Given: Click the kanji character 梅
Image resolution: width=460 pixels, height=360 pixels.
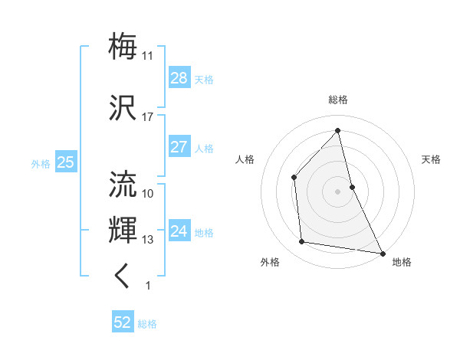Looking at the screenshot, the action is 123,46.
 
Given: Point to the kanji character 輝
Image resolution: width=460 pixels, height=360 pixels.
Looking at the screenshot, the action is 123,229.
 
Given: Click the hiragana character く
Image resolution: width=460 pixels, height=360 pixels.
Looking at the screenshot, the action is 123,276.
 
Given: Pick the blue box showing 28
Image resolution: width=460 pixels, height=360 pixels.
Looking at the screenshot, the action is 179,78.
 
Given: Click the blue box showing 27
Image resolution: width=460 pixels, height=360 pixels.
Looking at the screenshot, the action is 179,147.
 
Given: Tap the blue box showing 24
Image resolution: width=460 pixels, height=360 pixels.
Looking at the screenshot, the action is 179,231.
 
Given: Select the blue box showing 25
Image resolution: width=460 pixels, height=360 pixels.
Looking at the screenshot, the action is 65,162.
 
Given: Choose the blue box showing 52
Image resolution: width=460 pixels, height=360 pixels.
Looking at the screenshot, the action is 123,322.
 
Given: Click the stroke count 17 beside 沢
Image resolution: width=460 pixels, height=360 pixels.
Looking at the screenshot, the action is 147,117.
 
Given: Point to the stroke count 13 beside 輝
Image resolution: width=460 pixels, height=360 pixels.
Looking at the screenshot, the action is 147,240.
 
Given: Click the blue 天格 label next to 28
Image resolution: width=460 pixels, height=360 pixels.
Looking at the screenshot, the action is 204,79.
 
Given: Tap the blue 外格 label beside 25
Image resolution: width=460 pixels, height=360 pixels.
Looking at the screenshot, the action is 41,163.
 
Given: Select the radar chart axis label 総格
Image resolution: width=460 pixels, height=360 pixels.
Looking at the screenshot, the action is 337,100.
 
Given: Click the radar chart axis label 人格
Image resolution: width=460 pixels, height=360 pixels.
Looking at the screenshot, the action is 245,159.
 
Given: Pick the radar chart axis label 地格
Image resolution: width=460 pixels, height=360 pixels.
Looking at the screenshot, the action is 402,262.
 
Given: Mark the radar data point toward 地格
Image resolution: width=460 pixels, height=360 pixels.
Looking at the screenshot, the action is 382,252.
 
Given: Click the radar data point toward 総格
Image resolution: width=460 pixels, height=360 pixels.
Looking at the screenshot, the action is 337,131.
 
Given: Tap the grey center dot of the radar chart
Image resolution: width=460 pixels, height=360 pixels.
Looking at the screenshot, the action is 337,191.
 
